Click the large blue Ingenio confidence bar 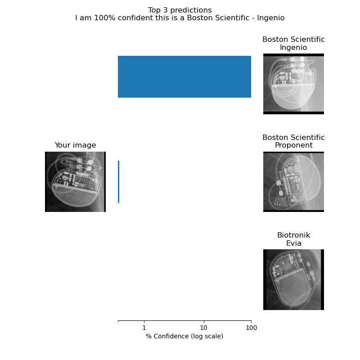coord(184,76)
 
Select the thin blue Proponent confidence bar coord(118,182)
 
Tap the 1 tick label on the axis coord(144,328)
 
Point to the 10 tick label coord(204,328)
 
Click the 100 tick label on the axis coord(251,328)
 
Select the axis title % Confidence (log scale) coord(184,336)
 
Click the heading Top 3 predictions coord(180,10)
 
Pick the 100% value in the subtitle coord(104,18)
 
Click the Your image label coord(75,145)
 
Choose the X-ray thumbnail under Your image coord(75,182)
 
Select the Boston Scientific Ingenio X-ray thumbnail coord(293,84)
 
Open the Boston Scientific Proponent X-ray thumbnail coord(293,182)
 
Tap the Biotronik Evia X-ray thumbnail coord(293,279)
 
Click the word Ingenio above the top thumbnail coord(293,48)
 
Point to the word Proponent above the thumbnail coord(294,145)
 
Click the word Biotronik coord(294,235)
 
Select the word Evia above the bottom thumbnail coord(294,243)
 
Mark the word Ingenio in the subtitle coord(271,18)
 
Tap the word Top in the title coord(154,10)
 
